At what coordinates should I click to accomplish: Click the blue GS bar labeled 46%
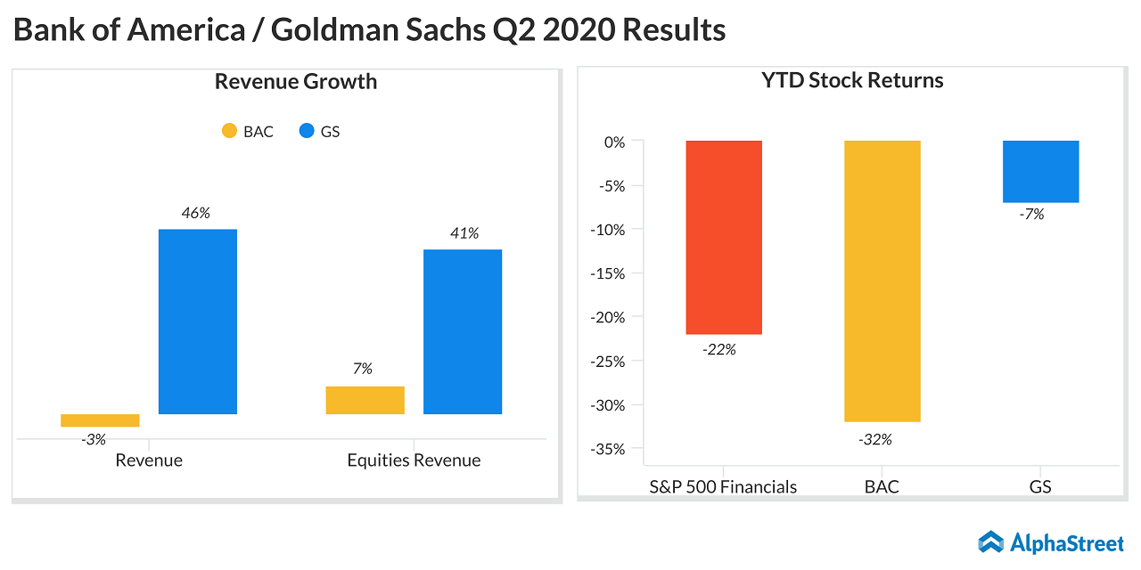coord(198,322)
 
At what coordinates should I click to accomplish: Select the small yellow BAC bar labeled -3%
coord(100,420)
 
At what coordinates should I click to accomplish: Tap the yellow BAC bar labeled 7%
coord(365,400)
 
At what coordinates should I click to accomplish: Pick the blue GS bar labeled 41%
coord(463,331)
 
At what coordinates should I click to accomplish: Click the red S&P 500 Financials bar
coord(724,237)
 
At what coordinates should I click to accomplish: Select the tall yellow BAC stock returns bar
coord(882,281)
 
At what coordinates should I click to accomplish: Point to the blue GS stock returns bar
coord(1040,171)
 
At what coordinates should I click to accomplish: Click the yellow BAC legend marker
coord(230,132)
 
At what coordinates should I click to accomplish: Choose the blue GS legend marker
coord(307,132)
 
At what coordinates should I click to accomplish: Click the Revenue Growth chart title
coord(296,82)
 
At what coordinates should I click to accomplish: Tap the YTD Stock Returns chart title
coord(852,80)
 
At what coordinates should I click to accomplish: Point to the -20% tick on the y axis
coord(610,317)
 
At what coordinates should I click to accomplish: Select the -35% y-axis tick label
coord(610,449)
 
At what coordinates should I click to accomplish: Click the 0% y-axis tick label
coord(614,142)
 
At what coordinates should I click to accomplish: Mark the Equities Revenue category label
coord(414,460)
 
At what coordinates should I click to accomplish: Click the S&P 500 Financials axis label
coord(724,487)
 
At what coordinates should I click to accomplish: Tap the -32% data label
coord(874,439)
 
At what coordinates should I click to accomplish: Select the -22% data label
coord(718,350)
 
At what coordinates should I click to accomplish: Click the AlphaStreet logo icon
coord(990,541)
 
